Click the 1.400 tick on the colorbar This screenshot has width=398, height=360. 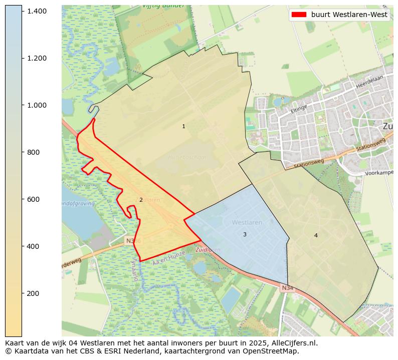[37, 11]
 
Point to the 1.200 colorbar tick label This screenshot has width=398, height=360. [37, 58]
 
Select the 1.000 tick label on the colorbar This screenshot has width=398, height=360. [37, 105]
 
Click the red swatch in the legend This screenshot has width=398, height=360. [299, 15]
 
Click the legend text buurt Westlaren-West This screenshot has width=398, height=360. [349, 15]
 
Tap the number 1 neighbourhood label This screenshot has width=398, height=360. [183, 127]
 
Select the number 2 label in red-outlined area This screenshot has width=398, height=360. [141, 200]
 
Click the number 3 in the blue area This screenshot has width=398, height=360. [245, 235]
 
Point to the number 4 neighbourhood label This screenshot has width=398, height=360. [316, 236]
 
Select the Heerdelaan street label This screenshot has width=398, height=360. [369, 83]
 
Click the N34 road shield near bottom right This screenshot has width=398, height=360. [287, 288]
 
